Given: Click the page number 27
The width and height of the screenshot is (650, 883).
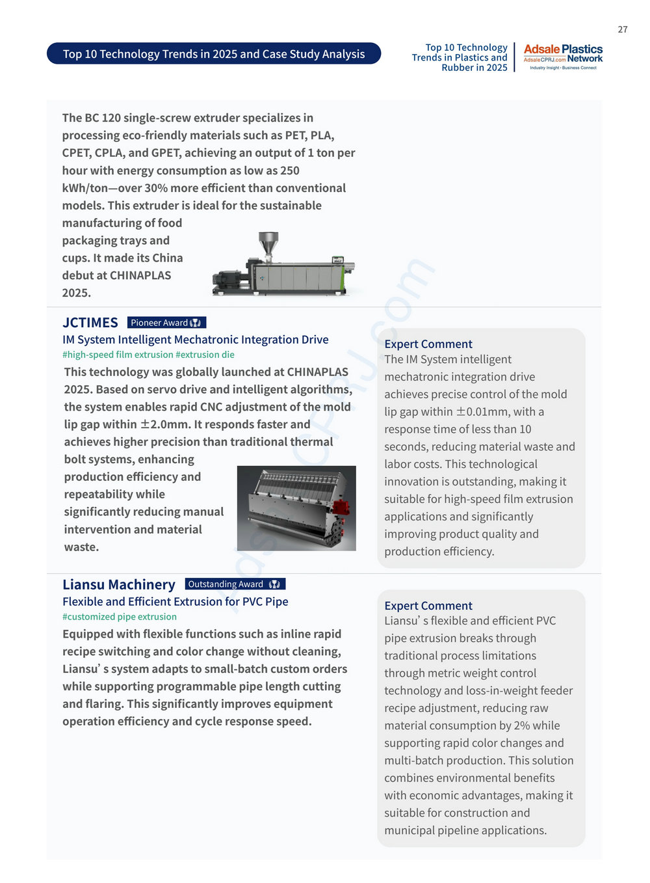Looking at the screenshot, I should coord(622,29).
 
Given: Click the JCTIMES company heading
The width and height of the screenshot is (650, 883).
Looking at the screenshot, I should coord(90,323).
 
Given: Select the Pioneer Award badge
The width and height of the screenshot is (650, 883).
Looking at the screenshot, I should coord(166,323).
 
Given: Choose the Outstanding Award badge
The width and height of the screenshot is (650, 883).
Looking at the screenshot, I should coord(235,584).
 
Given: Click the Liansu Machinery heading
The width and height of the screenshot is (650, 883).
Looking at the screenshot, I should coord(119,584).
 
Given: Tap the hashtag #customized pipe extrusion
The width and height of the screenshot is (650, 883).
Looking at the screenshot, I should coord(120,617).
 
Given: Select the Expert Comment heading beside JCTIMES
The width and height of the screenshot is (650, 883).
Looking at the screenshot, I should coord(428,344).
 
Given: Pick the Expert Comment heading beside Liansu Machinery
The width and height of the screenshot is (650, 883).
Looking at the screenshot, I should coord(428,606).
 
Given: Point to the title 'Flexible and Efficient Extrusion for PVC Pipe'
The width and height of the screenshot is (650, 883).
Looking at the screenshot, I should coord(175,602).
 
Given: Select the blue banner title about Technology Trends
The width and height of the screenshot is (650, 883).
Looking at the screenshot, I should coord(214,54).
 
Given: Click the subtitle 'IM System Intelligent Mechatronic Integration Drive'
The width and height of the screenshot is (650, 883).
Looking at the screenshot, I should coord(196,340).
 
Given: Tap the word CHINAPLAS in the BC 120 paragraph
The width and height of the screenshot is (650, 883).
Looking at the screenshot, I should coord(135,275).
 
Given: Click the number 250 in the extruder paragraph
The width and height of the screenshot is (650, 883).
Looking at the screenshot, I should coord(290,170).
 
